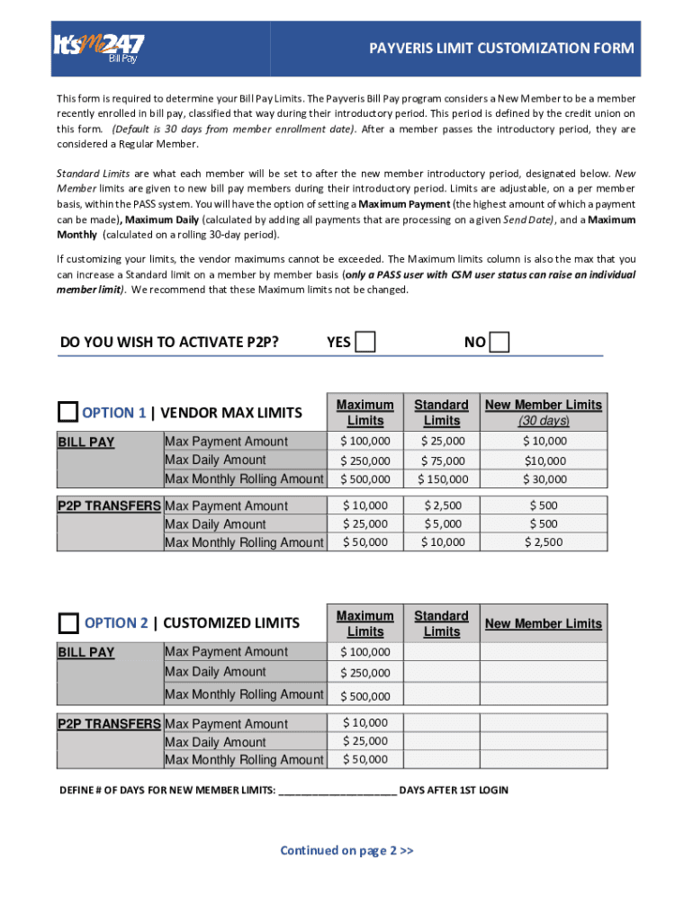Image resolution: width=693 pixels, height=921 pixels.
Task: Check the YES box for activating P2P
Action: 365,342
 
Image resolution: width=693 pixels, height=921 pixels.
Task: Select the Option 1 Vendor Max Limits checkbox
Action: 68,413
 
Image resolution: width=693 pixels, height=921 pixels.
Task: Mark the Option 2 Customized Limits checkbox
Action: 68,623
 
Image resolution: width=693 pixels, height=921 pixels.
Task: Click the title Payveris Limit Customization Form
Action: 501,49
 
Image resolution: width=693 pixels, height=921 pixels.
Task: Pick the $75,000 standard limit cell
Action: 442,460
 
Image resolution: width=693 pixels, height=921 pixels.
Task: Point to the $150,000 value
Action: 442,479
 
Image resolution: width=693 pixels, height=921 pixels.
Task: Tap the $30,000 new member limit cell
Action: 544,479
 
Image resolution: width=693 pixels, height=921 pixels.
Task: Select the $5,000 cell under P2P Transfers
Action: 442,523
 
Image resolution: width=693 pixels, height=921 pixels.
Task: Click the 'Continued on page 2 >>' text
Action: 346,851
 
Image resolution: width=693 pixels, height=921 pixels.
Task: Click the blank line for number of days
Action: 337,791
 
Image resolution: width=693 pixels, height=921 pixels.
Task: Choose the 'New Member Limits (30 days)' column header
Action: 544,413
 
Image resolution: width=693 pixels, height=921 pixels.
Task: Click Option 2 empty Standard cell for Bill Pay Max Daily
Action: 442,672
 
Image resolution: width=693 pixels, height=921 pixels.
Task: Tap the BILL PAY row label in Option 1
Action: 86,443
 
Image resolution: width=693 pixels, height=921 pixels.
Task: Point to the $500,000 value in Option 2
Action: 365,696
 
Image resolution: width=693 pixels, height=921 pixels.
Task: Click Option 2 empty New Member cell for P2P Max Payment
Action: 544,723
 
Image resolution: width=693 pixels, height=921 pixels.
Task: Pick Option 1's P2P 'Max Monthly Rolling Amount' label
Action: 244,542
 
